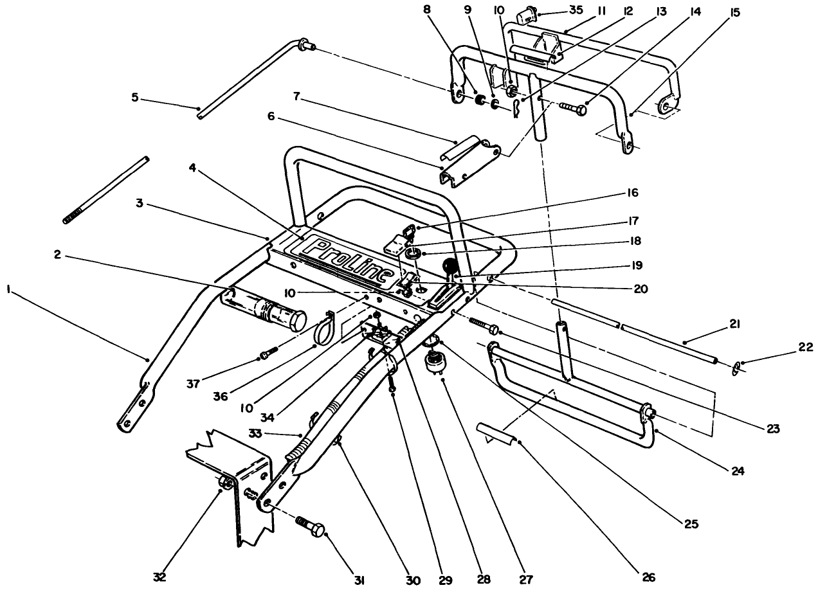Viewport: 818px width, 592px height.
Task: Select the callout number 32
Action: point(160,577)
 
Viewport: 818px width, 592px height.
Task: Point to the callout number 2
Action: point(57,254)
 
